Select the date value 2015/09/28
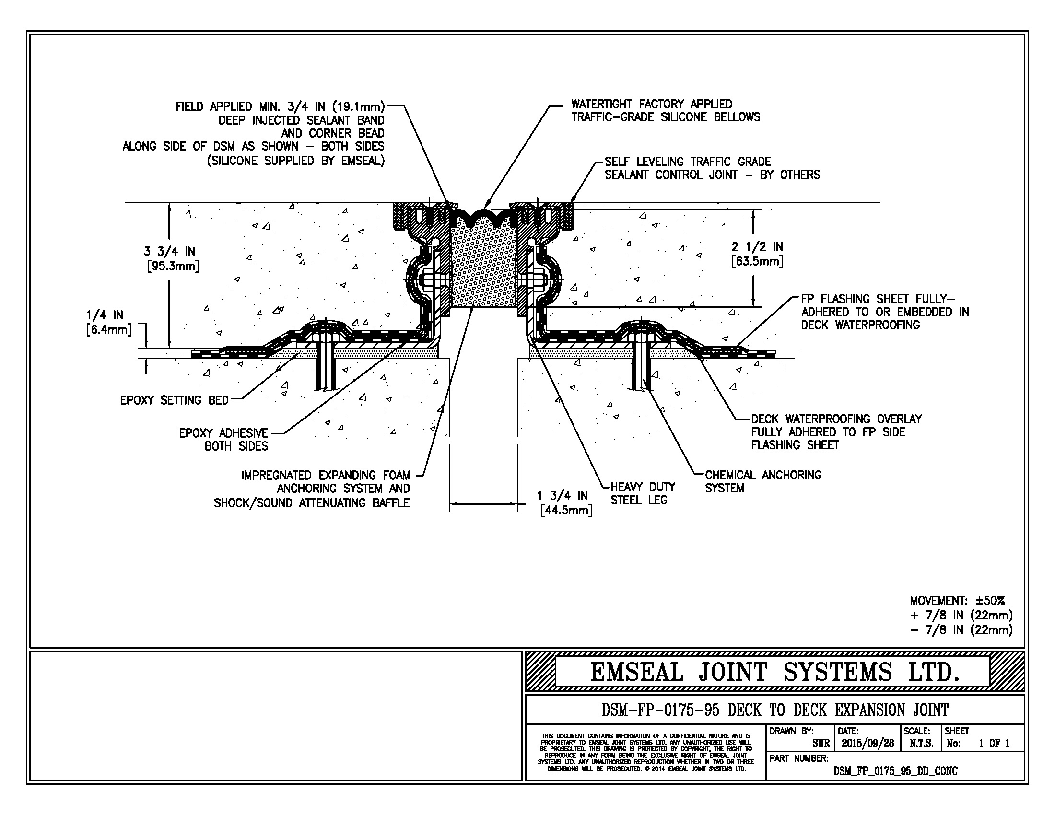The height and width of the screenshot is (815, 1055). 867,744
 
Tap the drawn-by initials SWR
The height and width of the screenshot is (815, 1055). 821,744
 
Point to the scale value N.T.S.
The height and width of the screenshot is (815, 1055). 921,744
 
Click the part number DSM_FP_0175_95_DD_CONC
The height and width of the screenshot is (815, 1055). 895,771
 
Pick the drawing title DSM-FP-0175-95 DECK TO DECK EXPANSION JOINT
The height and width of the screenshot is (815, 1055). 774,710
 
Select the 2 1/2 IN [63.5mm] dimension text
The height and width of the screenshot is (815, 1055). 757,254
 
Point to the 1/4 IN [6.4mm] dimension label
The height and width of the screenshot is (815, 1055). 108,323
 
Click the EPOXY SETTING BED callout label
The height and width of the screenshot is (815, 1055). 174,400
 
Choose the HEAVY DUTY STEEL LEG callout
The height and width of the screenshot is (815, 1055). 643,493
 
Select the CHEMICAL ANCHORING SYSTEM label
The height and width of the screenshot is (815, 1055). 762,481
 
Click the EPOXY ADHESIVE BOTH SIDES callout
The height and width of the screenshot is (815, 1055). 223,439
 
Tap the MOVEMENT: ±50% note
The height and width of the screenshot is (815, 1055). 957,601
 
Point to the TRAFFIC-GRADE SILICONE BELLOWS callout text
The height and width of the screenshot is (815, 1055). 666,117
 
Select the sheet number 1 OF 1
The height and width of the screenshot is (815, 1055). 994,744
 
